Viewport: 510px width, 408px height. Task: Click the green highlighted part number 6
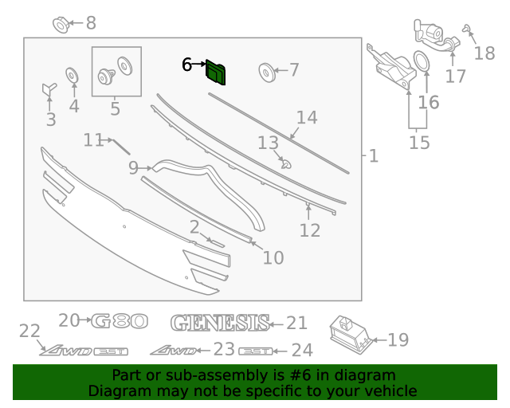pyautogui.click(x=216, y=72)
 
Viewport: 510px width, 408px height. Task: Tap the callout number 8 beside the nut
pyautogui.click(x=90, y=23)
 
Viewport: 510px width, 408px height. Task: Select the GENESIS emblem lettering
pyautogui.click(x=219, y=322)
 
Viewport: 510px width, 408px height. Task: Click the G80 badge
pyautogui.click(x=120, y=321)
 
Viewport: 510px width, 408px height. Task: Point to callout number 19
pyautogui.click(x=398, y=340)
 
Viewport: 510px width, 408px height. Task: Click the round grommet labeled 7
pyautogui.click(x=267, y=72)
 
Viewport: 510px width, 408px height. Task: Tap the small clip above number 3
pyautogui.click(x=49, y=88)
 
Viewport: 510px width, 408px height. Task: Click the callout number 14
pyautogui.click(x=307, y=118)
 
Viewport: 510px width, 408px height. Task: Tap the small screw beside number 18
pyautogui.click(x=466, y=32)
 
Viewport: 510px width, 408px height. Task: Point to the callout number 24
pyautogui.click(x=301, y=350)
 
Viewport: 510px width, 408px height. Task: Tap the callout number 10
pyautogui.click(x=273, y=257)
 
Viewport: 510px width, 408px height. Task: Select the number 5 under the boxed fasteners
pyautogui.click(x=116, y=108)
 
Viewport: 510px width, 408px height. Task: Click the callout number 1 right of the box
pyautogui.click(x=373, y=155)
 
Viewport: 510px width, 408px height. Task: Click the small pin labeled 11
pyautogui.click(x=120, y=146)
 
